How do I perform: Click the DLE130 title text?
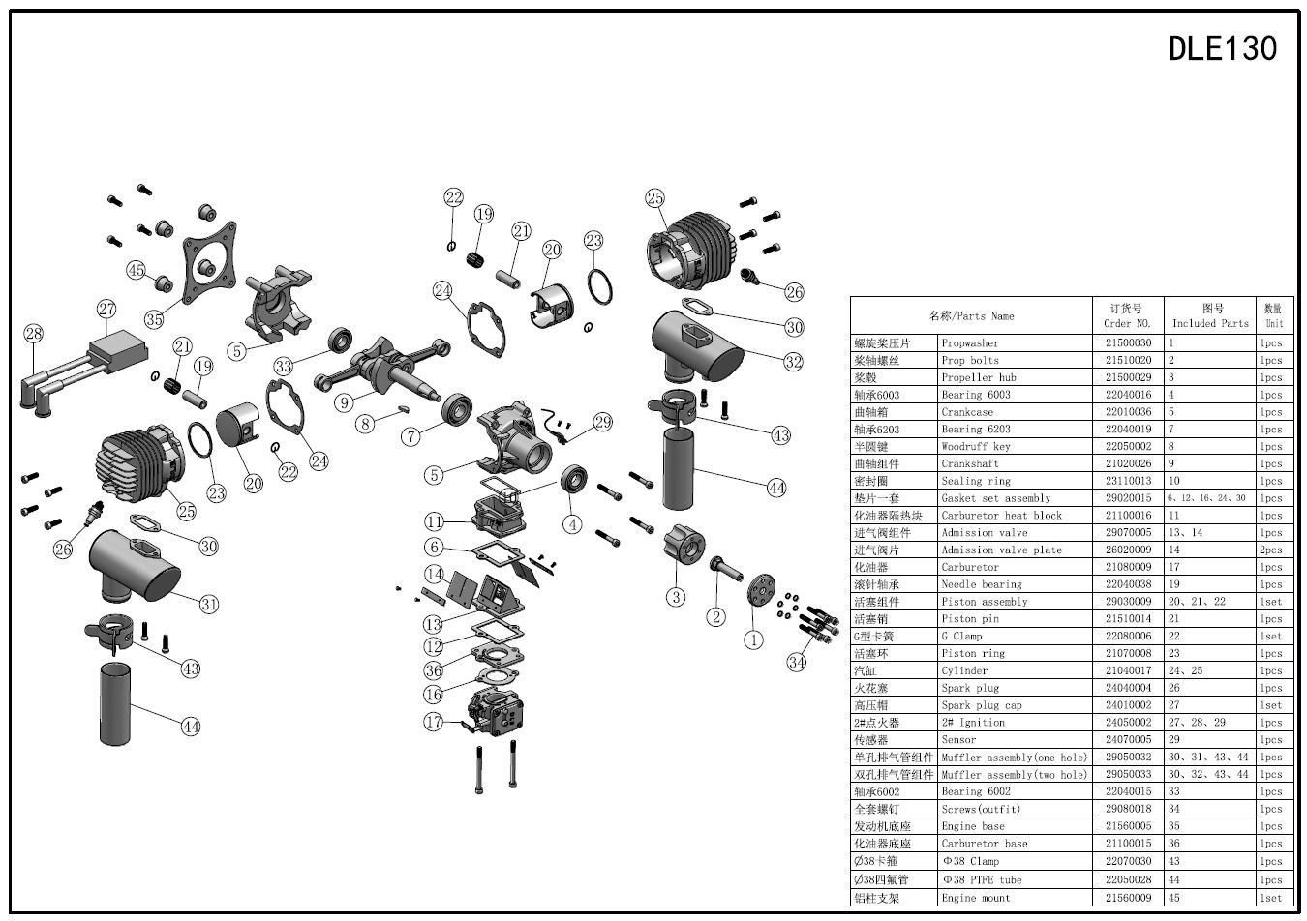pyautogui.click(x=1223, y=48)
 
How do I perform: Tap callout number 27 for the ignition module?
pyautogui.click(x=106, y=310)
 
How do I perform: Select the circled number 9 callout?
pyautogui.click(x=344, y=401)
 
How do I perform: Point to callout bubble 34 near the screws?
pyautogui.click(x=797, y=663)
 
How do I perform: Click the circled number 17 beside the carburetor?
pyautogui.click(x=433, y=722)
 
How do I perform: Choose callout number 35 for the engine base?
pyautogui.click(x=154, y=320)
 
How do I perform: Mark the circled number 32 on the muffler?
pyautogui.click(x=794, y=363)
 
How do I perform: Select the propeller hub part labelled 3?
pyautogui.click(x=686, y=547)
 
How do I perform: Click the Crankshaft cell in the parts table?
pyautogui.click(x=969, y=464)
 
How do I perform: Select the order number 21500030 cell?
pyautogui.click(x=1128, y=343)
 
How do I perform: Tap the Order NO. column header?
pyautogui.click(x=1128, y=316)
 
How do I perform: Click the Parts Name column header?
pyautogui.click(x=972, y=316)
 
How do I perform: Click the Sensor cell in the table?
pyautogui.click(x=961, y=740)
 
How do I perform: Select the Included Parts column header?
pyautogui.click(x=1210, y=316)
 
